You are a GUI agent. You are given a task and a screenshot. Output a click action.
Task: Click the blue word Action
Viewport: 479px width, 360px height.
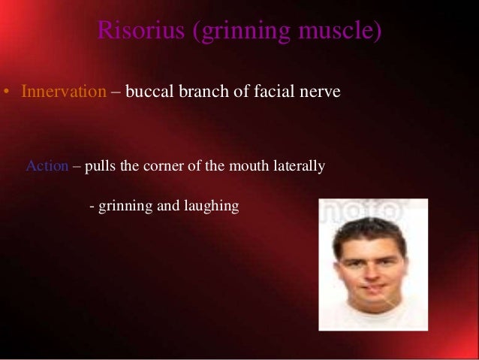(47, 166)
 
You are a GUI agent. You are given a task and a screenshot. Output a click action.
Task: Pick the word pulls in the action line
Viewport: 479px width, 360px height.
(100, 166)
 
